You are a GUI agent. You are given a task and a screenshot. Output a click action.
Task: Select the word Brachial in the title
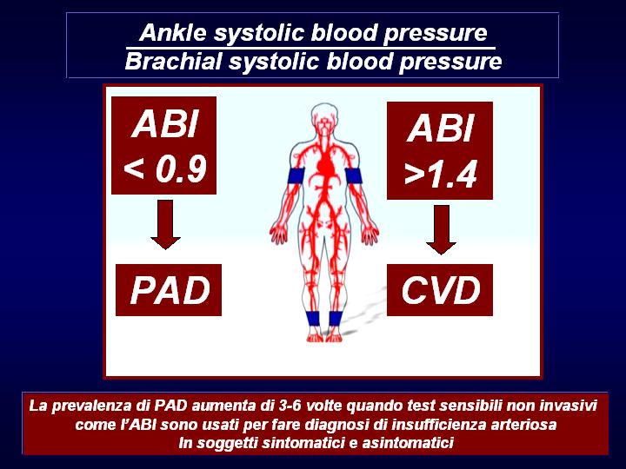173,62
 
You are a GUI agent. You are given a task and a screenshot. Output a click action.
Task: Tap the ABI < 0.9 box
163,146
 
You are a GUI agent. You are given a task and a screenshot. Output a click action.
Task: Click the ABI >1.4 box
440,151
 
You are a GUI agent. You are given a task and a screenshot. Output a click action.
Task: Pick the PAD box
169,290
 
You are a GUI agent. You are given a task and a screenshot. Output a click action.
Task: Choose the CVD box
440,290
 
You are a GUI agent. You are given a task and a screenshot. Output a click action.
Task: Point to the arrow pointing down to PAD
165,225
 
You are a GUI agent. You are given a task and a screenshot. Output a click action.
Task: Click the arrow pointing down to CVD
441,229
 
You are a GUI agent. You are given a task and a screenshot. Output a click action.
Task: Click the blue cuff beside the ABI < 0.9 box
296,175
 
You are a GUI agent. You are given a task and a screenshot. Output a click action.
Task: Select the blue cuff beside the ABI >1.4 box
353,175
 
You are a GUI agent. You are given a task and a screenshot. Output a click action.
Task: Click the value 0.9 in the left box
181,168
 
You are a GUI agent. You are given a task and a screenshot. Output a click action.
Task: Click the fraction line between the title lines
310,49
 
